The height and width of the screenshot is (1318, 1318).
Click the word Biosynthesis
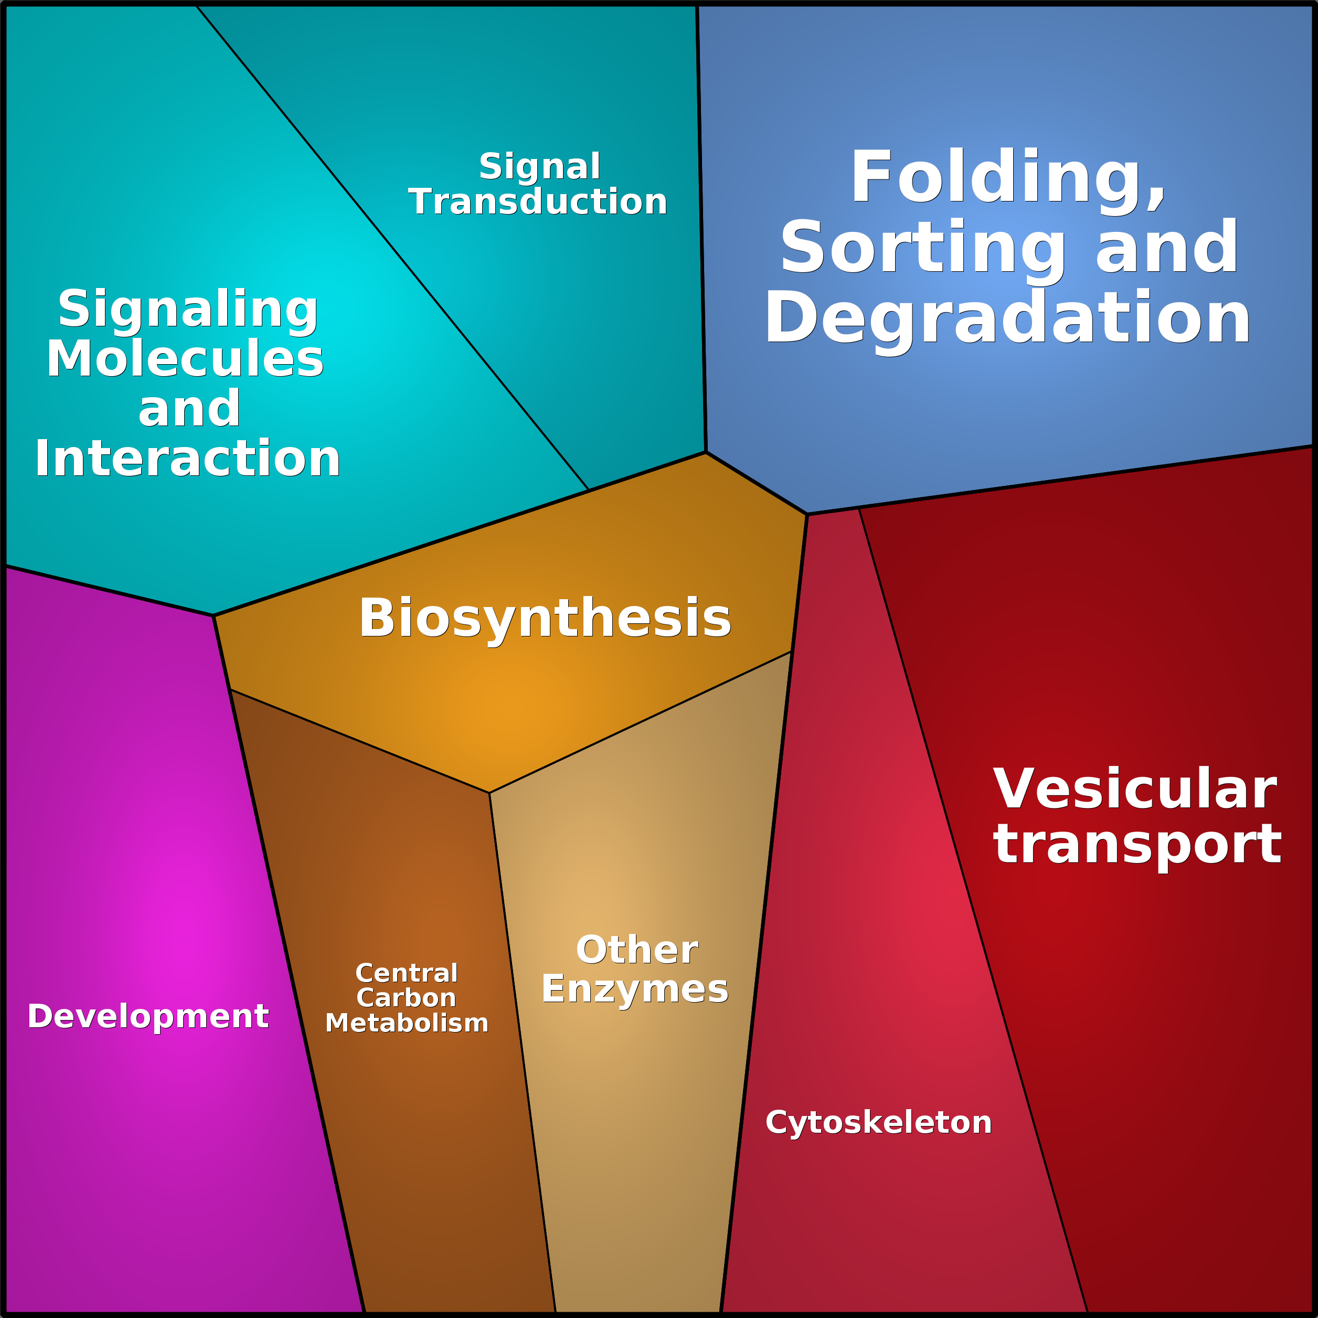[545, 618]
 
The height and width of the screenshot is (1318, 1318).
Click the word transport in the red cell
[1137, 845]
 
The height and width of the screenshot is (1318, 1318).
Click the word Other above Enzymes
[636, 950]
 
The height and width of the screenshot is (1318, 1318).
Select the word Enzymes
[634, 989]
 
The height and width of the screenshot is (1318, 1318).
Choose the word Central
[407, 973]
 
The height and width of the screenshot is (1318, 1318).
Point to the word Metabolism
[407, 1023]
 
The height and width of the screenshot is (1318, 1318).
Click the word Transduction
[538, 202]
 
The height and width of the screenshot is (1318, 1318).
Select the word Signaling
[188, 310]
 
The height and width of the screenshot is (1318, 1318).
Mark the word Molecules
[185, 359]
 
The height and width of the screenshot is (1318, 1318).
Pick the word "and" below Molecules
[189, 409]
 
